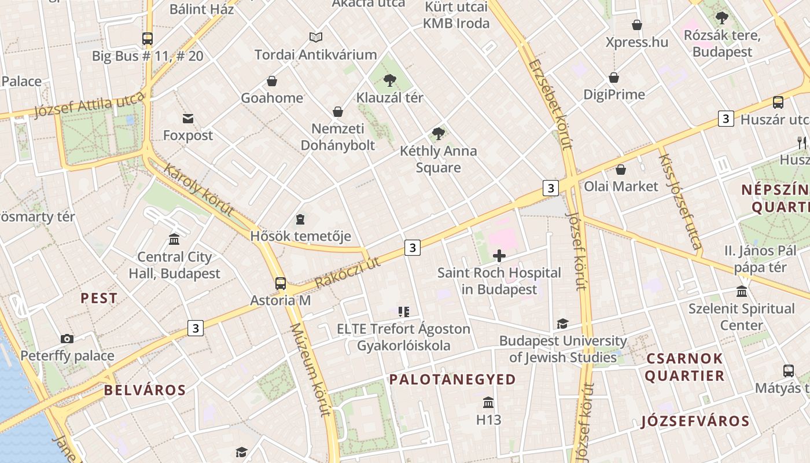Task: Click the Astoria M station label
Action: pos(280,301)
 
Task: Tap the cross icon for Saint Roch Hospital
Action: pos(499,255)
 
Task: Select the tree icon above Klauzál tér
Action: pos(390,80)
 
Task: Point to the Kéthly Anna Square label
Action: pos(439,159)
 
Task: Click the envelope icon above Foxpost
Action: pos(188,119)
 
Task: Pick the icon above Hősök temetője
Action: pos(300,219)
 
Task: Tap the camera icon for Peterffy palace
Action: pos(67,339)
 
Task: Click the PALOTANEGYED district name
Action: pos(452,380)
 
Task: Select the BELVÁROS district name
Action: pos(145,390)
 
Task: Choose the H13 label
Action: pos(488,419)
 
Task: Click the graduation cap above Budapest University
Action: pos(562,324)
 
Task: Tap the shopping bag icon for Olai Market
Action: pos(621,170)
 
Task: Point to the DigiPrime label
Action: pos(614,94)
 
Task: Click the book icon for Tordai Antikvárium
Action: pos(315,38)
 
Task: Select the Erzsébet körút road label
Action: pos(549,104)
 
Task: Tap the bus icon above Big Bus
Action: pos(148,39)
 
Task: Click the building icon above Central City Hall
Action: pos(174,239)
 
